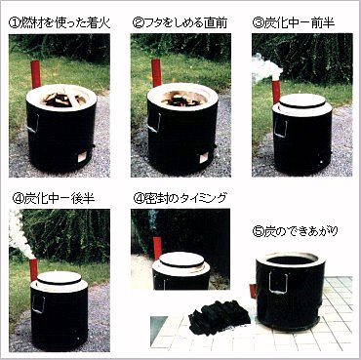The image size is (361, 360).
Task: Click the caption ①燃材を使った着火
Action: pyautogui.click(x=61, y=20)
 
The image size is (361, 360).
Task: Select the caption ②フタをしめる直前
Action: pyautogui.click(x=181, y=20)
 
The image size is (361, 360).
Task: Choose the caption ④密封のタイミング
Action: pyautogui.click(x=180, y=197)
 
